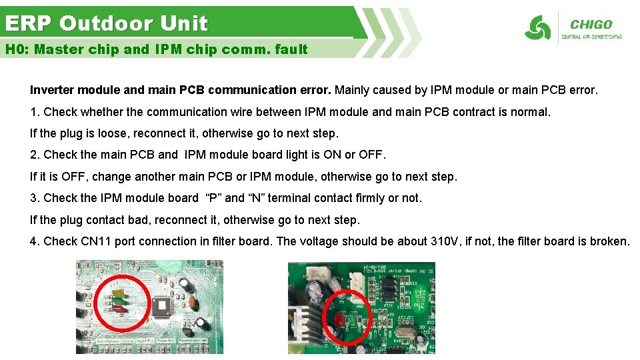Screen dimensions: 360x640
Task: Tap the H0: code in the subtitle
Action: coord(17,49)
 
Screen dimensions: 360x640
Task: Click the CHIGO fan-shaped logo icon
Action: coord(537,28)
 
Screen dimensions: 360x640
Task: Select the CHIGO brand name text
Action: coord(591,25)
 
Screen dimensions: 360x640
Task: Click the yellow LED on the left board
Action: coord(118,293)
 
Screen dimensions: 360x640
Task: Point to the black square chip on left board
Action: coord(163,306)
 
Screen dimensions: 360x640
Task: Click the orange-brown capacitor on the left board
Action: coord(193,304)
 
